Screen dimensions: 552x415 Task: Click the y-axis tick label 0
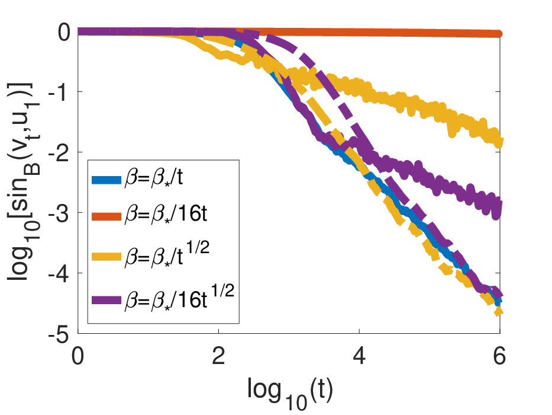point(64,32)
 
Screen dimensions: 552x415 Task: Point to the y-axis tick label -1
point(60,92)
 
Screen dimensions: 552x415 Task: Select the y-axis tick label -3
point(60,213)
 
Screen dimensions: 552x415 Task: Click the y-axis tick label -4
point(60,274)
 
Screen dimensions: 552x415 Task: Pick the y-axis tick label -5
point(60,334)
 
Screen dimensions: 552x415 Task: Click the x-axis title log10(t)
point(290,392)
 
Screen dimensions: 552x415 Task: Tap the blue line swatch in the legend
point(106,180)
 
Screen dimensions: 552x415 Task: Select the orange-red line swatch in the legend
point(106,216)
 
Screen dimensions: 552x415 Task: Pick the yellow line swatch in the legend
point(106,257)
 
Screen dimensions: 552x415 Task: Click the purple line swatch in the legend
point(106,301)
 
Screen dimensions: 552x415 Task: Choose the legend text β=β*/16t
point(166,214)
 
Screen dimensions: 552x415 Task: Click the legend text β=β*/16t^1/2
point(179,298)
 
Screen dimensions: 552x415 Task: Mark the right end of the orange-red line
point(499,34)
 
